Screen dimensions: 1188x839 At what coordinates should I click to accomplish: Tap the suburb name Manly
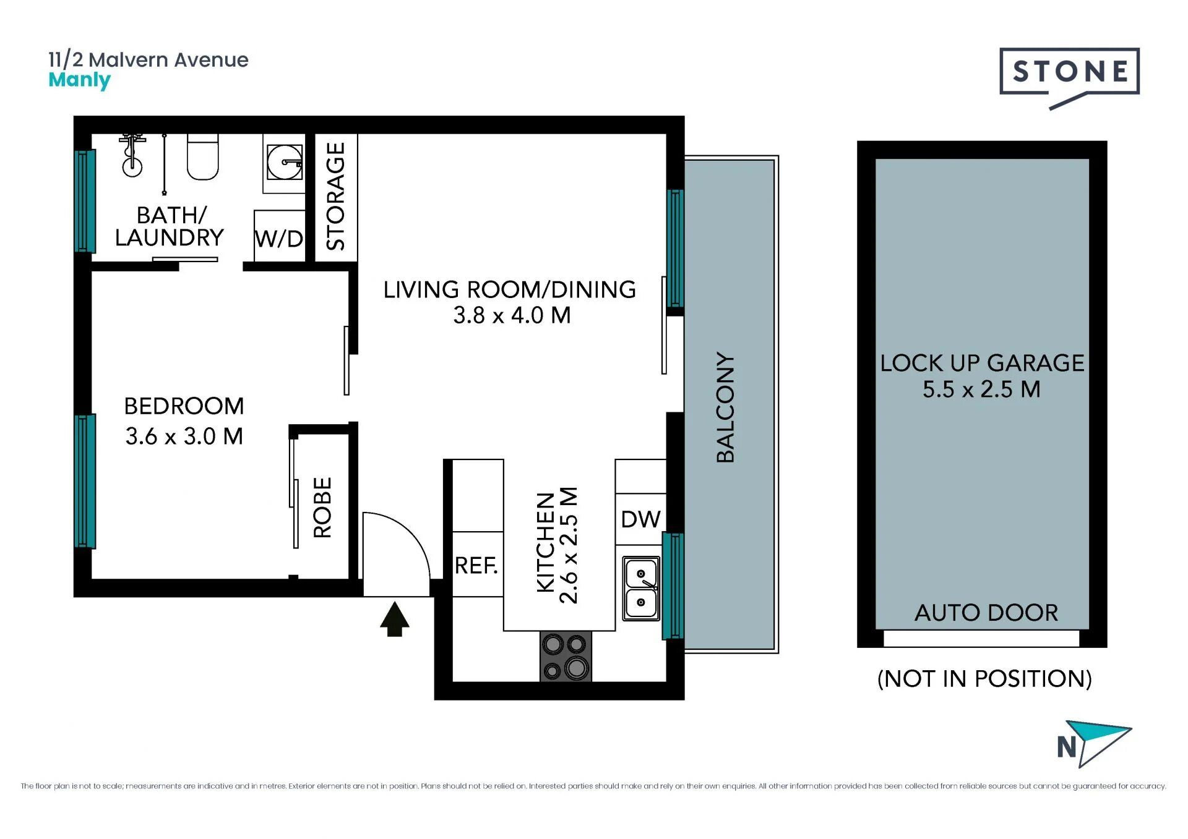point(79,80)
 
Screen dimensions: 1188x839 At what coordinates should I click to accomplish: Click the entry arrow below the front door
point(394,620)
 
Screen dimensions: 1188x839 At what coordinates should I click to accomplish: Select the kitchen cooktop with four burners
point(566,656)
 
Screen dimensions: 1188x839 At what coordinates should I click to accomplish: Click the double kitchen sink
point(641,588)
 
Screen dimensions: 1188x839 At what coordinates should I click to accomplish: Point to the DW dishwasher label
point(640,519)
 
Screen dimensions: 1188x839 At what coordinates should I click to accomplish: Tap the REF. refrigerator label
point(476,565)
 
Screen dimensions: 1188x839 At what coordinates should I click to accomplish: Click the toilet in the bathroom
point(203,156)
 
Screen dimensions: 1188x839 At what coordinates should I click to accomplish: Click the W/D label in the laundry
point(279,239)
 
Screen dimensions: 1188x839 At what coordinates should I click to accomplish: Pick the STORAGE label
point(335,196)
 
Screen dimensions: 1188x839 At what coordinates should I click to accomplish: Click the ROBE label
point(322,507)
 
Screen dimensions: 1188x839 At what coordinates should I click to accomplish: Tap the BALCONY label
point(725,407)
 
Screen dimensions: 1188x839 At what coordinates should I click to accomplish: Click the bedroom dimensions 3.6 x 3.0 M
point(184,437)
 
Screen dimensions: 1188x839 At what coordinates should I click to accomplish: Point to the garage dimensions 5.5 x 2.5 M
point(981,390)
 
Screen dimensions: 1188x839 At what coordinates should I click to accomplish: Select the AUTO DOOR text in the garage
point(986,613)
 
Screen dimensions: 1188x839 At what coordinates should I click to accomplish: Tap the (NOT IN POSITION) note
point(984,679)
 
